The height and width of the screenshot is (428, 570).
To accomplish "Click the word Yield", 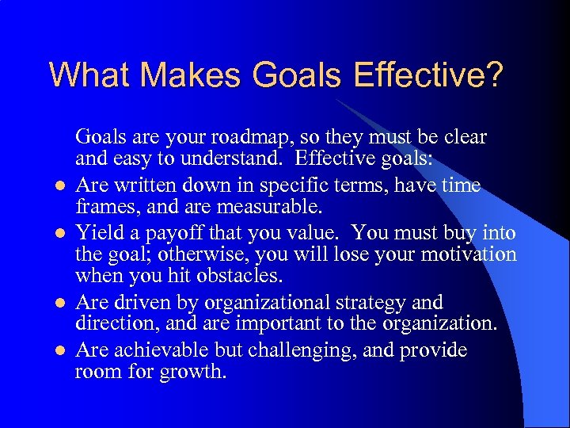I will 97,232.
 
